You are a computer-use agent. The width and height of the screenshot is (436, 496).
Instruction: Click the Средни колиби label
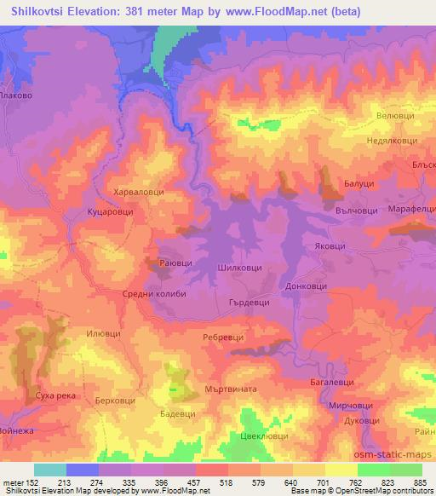coord(153,294)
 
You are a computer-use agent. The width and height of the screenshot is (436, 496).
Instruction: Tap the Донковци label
coord(307,287)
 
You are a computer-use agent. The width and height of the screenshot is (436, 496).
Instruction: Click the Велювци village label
coord(393,114)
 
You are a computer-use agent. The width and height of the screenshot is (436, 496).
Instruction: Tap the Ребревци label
coord(225,337)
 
